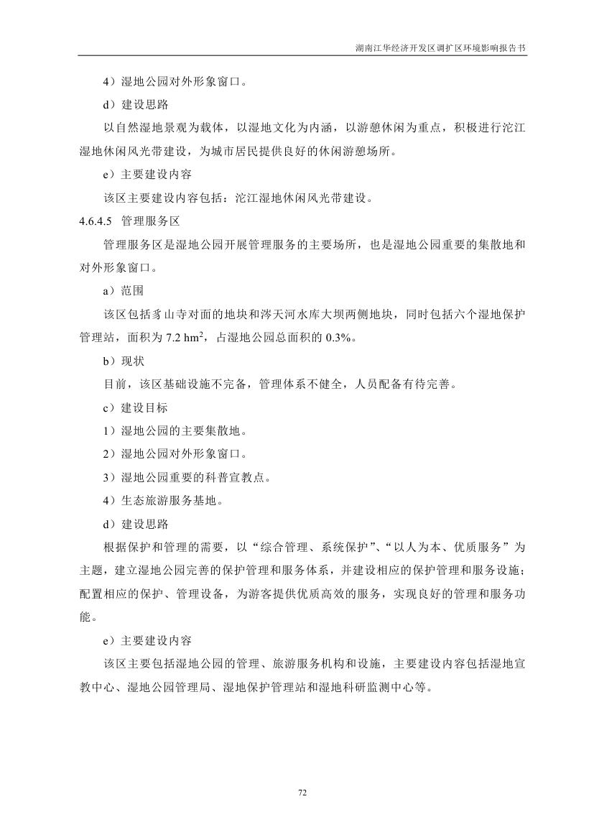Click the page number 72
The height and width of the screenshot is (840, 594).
click(x=302, y=793)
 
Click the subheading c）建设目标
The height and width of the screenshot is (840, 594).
click(x=135, y=407)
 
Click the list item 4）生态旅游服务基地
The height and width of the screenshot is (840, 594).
click(x=162, y=500)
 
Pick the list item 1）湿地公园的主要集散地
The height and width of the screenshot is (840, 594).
click(x=175, y=430)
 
